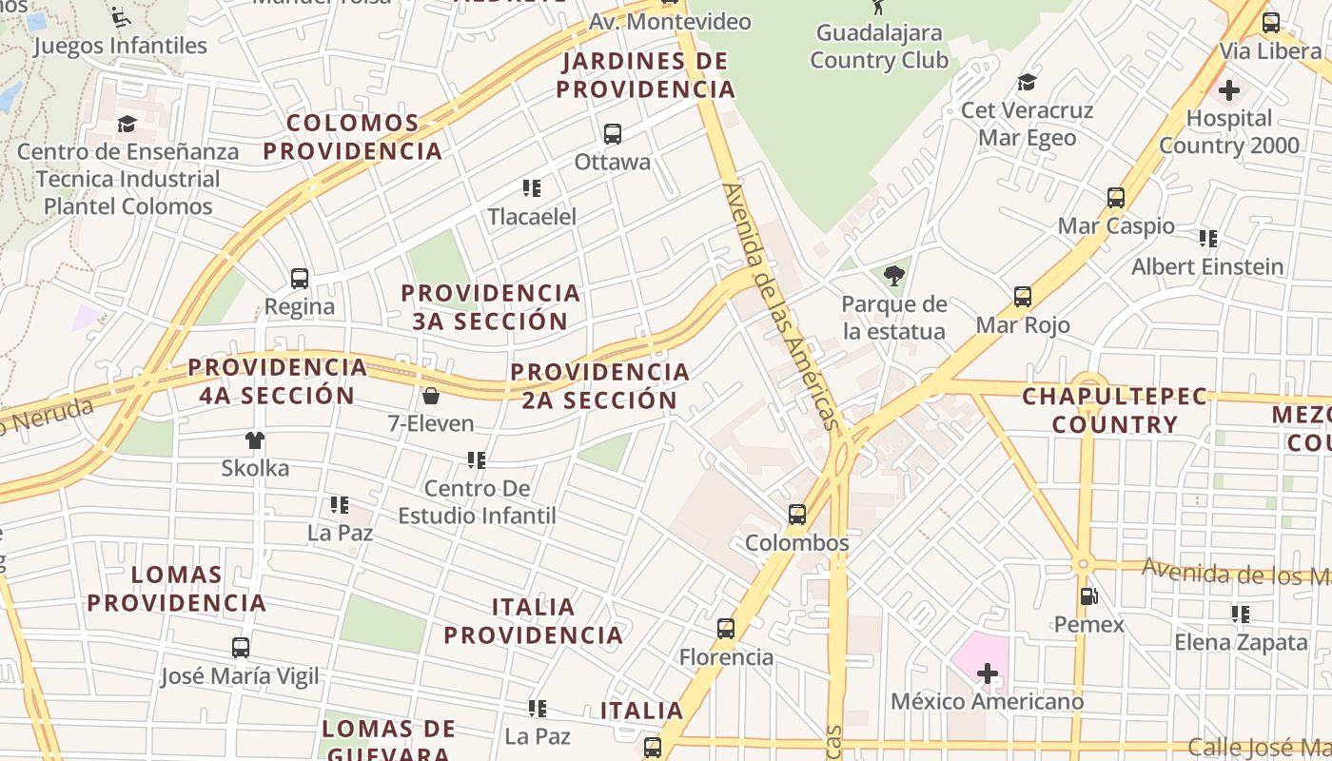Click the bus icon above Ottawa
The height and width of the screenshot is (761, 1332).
(613, 134)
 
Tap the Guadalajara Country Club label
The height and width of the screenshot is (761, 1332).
(878, 47)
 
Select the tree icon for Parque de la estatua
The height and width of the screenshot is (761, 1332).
(893, 276)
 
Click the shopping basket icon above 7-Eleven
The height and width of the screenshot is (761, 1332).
(431, 396)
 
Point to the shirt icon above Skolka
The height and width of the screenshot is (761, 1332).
(255, 440)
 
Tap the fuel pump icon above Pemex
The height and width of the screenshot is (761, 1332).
(1088, 596)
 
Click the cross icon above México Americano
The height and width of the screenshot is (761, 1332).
(988, 674)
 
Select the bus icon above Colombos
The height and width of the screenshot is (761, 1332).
(797, 515)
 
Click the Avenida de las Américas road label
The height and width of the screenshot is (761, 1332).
(783, 306)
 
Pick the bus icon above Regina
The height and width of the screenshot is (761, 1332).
(300, 279)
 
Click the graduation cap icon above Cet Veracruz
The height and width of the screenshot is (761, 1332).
(1027, 83)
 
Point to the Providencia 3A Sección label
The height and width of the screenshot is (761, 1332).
(490, 307)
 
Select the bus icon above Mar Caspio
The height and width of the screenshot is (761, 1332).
(1116, 198)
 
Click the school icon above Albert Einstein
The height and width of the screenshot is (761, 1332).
(1208, 239)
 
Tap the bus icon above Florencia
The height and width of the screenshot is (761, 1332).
(726, 629)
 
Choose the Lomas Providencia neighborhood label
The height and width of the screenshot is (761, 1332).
(177, 589)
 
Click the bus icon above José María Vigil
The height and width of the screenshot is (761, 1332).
(241, 648)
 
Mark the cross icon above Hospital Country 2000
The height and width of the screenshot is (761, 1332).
(1229, 90)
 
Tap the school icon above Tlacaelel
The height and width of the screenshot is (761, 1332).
(532, 188)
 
